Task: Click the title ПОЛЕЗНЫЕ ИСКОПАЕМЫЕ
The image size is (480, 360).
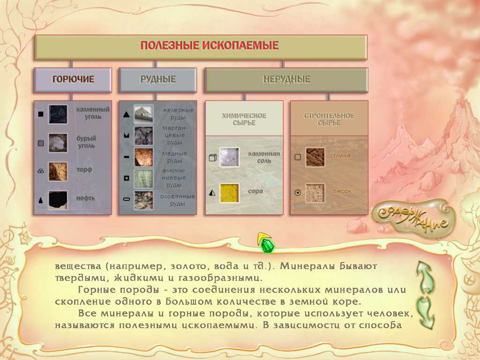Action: coord(210,45)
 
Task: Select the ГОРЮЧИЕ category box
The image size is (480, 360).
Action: coord(73,80)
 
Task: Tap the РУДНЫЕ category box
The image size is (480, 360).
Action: coord(157,80)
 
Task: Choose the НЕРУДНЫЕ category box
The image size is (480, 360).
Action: coord(286,80)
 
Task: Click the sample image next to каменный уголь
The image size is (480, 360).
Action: coord(58,114)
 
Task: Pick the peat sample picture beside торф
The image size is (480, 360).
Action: coord(58,172)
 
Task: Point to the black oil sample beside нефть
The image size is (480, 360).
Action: coord(58,200)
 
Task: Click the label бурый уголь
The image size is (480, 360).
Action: coord(86,142)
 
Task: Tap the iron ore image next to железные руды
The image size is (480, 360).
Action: coord(143,114)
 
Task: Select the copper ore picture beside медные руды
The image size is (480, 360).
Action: coord(143,157)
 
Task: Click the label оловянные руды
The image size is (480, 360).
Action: coord(178,200)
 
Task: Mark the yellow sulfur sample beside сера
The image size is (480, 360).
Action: coord(229,193)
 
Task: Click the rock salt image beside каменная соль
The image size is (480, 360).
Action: coord(229,157)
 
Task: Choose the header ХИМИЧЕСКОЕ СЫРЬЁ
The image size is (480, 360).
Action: coord(244,120)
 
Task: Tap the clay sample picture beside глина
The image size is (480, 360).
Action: coord(315,157)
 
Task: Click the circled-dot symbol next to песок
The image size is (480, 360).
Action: coord(298,193)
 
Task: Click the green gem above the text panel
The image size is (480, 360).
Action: coord(267,245)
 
